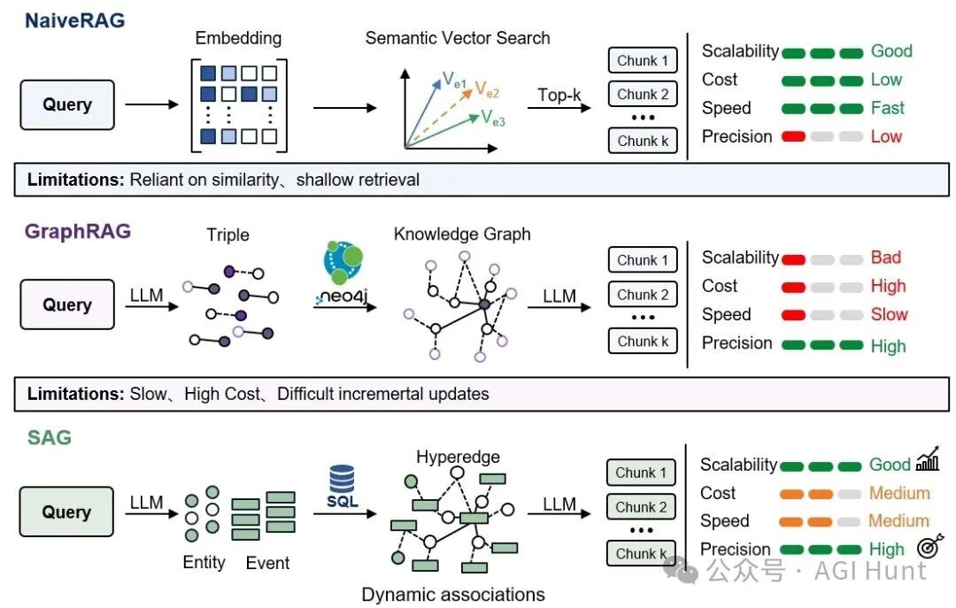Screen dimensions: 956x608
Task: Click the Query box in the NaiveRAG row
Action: click(x=67, y=105)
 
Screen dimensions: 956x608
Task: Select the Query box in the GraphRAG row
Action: click(x=67, y=304)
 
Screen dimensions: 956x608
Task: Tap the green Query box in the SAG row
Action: click(x=66, y=512)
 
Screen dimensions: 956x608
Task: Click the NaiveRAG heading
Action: click(x=74, y=20)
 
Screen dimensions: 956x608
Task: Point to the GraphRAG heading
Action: click(x=77, y=231)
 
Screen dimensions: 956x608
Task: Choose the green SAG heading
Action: click(x=50, y=437)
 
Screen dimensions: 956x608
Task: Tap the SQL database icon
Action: click(x=342, y=487)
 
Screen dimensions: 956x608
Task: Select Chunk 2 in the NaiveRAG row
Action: click(x=643, y=94)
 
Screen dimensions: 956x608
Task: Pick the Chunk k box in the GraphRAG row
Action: click(x=643, y=341)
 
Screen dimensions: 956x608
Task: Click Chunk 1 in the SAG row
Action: click(x=641, y=472)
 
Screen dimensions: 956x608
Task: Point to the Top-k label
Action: click(x=559, y=95)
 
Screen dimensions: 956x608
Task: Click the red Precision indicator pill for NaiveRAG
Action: click(x=793, y=136)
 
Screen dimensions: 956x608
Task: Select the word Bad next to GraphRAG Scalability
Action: click(x=885, y=258)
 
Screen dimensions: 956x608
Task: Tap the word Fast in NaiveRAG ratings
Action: click(x=887, y=108)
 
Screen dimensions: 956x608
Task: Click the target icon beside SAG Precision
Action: click(x=929, y=546)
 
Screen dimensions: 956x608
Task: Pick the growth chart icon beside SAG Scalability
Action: click(x=928, y=459)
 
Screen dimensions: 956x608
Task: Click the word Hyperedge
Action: click(x=458, y=457)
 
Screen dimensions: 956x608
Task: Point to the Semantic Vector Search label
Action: click(x=458, y=38)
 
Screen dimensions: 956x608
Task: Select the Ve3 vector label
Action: click(x=493, y=118)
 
